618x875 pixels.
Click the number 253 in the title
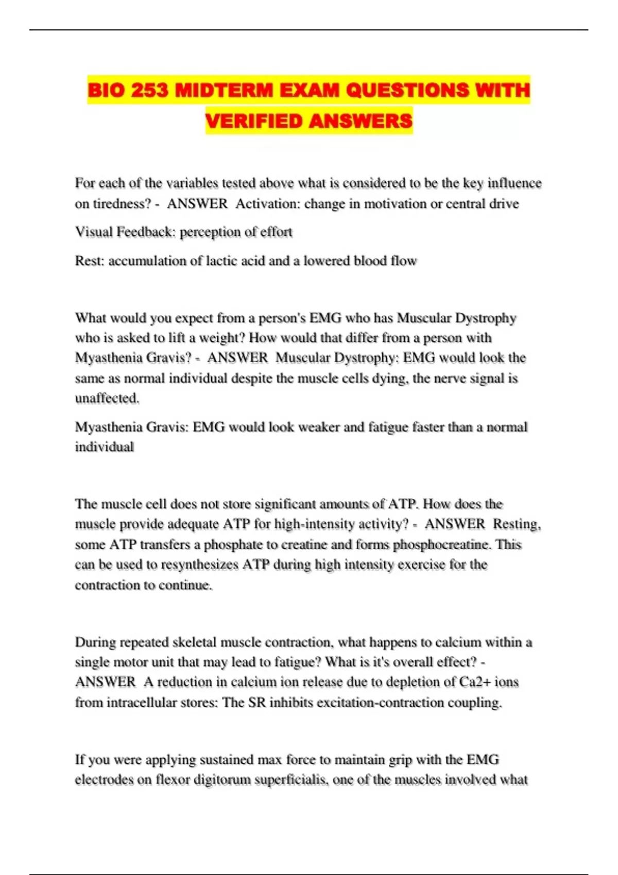[149, 91]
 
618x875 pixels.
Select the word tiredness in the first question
[122, 204]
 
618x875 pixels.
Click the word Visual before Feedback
[94, 232]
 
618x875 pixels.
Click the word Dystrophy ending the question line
[485, 318]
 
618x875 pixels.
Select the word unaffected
[107, 398]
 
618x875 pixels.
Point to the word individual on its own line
[105, 447]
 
